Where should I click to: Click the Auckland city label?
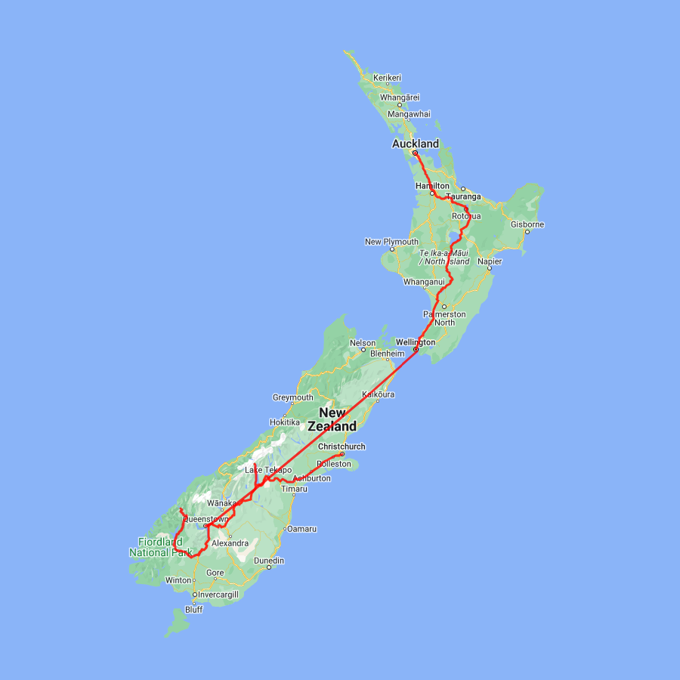click(415, 144)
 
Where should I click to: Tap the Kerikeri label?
click(387, 78)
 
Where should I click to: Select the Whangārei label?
click(400, 97)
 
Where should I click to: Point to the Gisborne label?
click(527, 224)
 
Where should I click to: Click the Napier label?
click(490, 261)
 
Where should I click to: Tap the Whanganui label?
click(425, 282)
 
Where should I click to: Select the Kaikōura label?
click(379, 394)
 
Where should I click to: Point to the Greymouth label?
click(292, 397)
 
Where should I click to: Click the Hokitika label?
click(286, 422)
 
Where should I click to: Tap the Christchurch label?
click(342, 447)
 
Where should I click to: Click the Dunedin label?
click(269, 561)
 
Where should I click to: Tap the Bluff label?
click(194, 610)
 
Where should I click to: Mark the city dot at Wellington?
click(416, 350)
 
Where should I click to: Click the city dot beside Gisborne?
click(527, 232)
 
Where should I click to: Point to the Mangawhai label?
click(409, 114)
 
